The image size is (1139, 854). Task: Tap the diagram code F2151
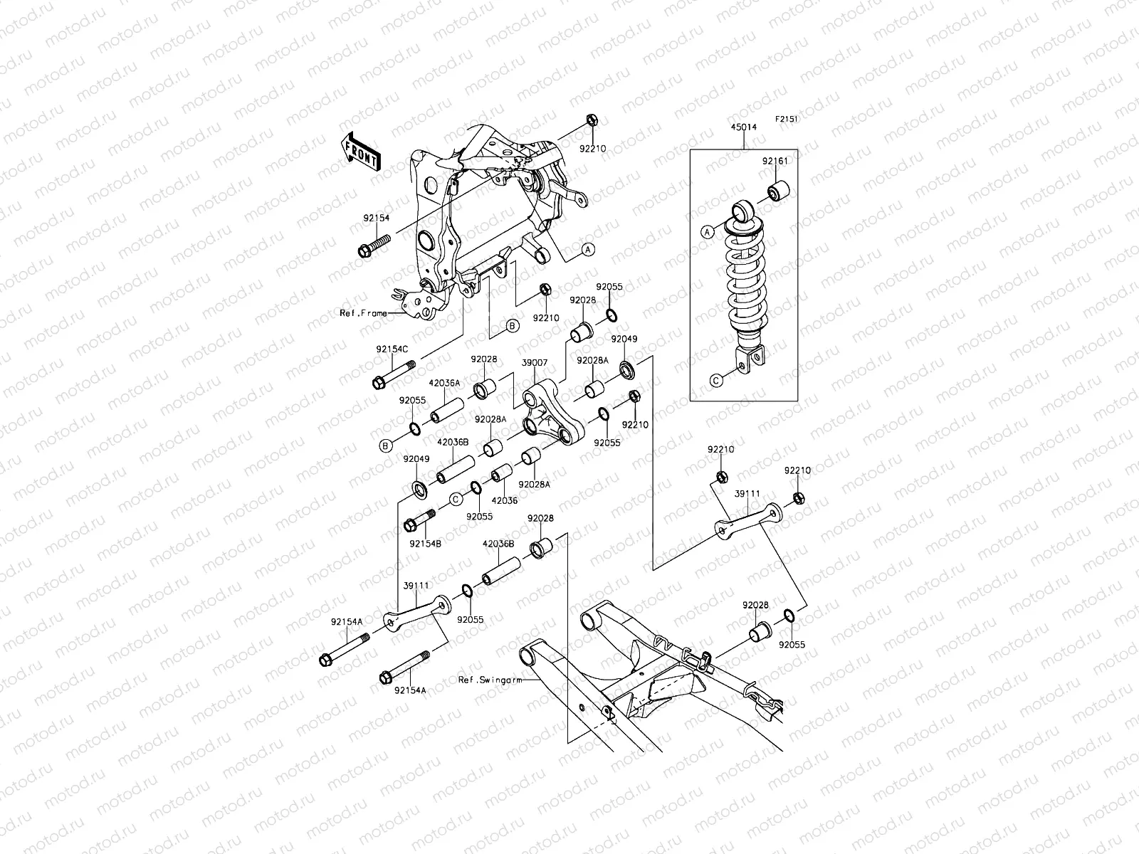coord(787,120)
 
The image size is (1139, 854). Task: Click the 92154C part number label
coord(392,349)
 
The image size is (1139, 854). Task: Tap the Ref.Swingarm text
coord(490,680)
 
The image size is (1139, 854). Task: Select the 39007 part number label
coord(535,363)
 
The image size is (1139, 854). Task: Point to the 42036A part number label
coord(445,383)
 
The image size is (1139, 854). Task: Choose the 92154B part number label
coord(425,544)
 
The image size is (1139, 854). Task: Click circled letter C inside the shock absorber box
coord(717,379)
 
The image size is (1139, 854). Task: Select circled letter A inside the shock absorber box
coord(707,231)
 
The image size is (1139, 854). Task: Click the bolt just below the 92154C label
coord(393,376)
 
